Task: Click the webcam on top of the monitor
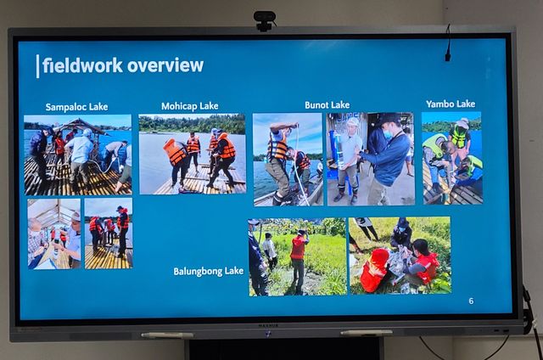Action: pyautogui.click(x=264, y=20)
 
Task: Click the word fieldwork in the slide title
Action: pyautogui.click(x=83, y=65)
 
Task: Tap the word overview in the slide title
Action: pyautogui.click(x=165, y=65)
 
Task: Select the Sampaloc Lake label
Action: pyautogui.click(x=76, y=107)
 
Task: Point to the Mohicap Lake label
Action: pyautogui.click(x=190, y=106)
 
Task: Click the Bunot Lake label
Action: pyautogui.click(x=327, y=105)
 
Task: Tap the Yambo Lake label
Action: pyautogui.click(x=451, y=104)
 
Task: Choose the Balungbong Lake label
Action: pyautogui.click(x=209, y=271)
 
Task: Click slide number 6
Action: pyautogui.click(x=471, y=301)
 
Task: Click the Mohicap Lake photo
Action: pyautogui.click(x=193, y=154)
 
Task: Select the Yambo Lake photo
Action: pyautogui.click(x=452, y=158)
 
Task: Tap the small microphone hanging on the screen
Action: pyautogui.click(x=448, y=43)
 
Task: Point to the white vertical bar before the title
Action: pyautogui.click(x=37, y=66)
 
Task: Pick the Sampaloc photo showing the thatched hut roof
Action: pyautogui.click(x=78, y=155)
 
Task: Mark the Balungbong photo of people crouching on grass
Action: pyautogui.click(x=400, y=256)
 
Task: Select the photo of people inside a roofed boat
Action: pyautogui.click(x=54, y=233)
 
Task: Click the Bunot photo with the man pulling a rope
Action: pyautogui.click(x=288, y=160)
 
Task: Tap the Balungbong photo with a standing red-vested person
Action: pyautogui.click(x=298, y=256)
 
